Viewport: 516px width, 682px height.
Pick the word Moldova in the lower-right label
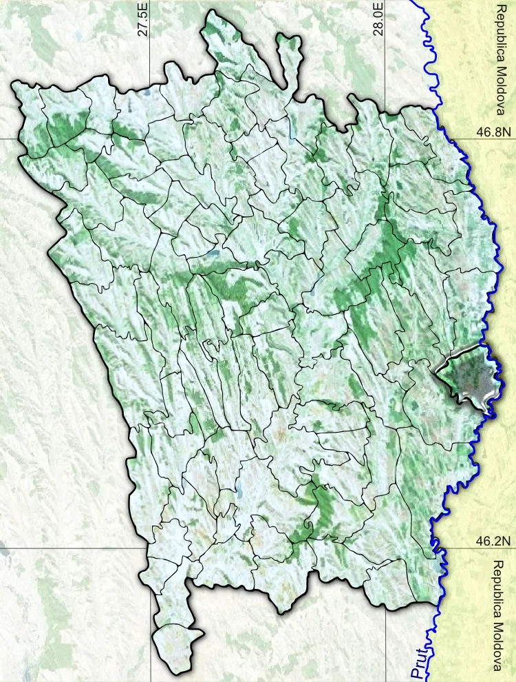pyautogui.click(x=500, y=644)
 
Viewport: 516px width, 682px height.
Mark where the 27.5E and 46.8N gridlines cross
pyautogui.click(x=151, y=137)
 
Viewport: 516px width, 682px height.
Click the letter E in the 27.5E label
pyautogui.click(x=143, y=6)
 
